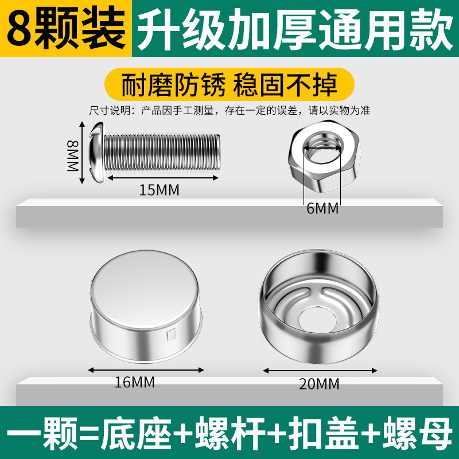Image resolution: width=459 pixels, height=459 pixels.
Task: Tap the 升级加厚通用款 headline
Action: point(295,29)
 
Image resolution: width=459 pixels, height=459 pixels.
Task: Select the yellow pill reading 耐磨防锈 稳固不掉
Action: point(229,84)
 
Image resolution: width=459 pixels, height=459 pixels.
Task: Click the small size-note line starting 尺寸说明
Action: point(229,111)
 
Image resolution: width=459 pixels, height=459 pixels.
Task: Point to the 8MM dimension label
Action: point(73,155)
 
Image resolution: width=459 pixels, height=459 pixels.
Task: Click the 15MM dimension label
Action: point(159,190)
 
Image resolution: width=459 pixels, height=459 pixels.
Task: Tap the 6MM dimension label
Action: point(322,208)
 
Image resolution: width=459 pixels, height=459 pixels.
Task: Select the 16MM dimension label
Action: point(134,382)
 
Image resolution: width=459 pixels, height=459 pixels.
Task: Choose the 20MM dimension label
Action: point(319,384)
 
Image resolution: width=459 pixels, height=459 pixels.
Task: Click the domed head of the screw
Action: point(97,153)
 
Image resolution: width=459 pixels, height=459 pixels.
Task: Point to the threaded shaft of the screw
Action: point(162,152)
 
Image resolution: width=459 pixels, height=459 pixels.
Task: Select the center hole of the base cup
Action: point(318,320)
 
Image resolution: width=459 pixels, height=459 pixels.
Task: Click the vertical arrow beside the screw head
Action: point(82,153)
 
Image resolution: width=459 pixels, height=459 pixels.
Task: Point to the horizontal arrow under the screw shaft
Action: point(163,178)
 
